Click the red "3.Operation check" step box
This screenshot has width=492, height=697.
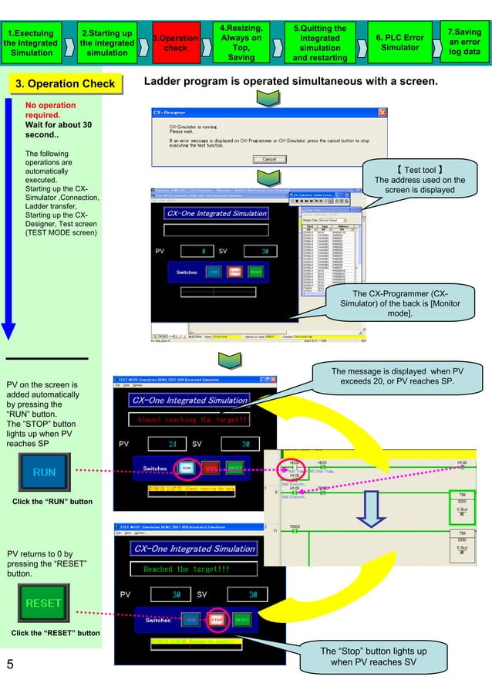coord(176,42)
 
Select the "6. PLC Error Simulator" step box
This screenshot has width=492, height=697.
coord(399,42)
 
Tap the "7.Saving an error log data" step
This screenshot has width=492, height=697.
coord(464,42)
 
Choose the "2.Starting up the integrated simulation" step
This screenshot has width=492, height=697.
coord(106,42)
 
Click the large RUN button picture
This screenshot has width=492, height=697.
coord(44,472)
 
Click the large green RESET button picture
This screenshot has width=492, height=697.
coord(43,603)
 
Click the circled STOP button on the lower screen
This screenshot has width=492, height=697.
coord(217,619)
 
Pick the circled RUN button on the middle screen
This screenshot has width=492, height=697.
coord(187,467)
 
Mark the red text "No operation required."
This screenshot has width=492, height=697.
coord(51,110)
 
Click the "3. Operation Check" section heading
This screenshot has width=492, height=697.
coord(61,84)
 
